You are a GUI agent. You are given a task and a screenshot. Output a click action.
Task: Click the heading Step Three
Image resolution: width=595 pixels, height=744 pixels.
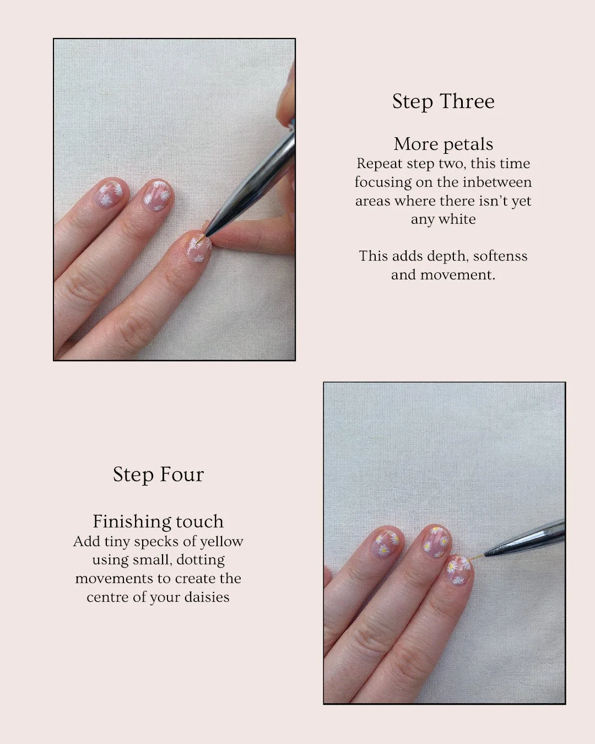443,101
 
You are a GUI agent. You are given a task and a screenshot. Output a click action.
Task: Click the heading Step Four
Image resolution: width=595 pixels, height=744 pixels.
158,475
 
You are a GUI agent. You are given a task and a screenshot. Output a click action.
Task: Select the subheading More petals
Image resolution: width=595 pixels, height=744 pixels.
443,144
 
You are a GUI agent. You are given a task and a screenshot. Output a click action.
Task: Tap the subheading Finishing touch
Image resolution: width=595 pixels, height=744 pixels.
158,522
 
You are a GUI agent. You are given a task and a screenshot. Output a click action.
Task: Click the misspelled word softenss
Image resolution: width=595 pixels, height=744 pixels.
500,256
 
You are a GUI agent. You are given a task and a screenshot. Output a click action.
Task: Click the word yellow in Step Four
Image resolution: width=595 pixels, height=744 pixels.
222,542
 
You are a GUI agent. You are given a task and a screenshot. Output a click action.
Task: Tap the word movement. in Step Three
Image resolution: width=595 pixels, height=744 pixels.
458,275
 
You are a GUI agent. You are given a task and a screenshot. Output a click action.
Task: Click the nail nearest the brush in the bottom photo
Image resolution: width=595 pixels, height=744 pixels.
459,570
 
